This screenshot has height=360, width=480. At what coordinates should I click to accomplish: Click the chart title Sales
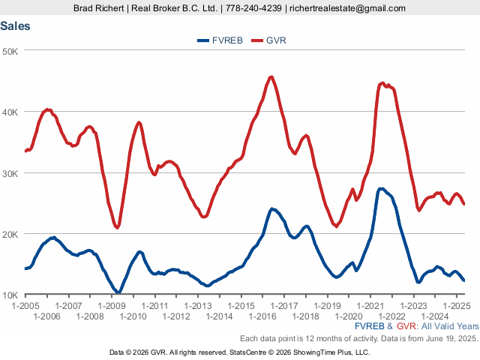point(16,25)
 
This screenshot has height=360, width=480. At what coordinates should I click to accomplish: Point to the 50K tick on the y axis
point(12,51)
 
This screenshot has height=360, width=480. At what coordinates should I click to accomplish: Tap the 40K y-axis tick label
point(12,112)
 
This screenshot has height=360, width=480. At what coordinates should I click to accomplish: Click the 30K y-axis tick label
point(12,173)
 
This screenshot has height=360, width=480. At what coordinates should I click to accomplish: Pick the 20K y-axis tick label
point(12,234)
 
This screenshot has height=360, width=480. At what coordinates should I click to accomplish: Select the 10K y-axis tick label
point(12,295)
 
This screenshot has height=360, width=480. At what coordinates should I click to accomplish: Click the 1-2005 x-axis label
point(25,306)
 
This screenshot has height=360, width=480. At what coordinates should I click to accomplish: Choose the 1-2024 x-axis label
point(435,316)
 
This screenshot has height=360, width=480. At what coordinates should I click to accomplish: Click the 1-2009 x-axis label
point(112,306)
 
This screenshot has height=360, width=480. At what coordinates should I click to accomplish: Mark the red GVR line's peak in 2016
point(271,76)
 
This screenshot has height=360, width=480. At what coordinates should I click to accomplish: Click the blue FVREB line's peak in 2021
point(381,188)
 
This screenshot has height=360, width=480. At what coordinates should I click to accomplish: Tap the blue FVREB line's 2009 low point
point(118,292)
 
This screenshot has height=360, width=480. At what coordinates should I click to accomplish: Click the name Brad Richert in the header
point(99,8)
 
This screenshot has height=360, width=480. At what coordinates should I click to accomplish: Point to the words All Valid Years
point(448,327)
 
